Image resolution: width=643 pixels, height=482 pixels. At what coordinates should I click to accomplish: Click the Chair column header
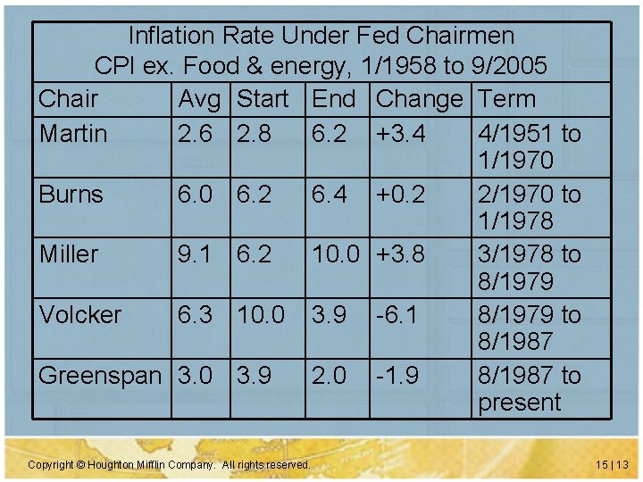(x=69, y=99)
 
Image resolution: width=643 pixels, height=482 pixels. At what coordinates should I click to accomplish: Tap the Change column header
(x=420, y=99)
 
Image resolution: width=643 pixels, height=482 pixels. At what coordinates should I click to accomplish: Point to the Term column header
(x=507, y=99)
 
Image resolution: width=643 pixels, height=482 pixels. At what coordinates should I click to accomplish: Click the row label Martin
(x=73, y=134)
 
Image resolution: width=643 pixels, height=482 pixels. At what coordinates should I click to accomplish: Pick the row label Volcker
(x=80, y=314)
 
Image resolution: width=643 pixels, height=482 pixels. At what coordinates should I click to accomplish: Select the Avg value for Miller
(x=196, y=254)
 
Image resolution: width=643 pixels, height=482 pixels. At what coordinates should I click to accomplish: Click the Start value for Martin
(x=255, y=134)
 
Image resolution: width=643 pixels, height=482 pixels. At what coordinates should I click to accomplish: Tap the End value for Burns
(x=330, y=195)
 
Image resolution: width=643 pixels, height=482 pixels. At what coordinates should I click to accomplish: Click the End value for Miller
(x=338, y=254)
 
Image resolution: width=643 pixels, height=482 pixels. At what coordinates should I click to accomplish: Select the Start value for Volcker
(x=262, y=314)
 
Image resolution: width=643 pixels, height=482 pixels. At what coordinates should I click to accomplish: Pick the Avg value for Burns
(x=196, y=195)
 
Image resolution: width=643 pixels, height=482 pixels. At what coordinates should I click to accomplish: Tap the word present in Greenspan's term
(x=520, y=403)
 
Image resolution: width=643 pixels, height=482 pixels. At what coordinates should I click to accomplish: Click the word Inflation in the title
(x=171, y=36)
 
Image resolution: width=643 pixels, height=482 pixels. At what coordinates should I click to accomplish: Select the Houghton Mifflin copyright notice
(x=170, y=465)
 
